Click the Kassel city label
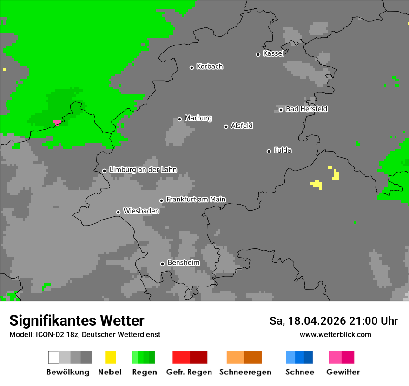click(273, 53)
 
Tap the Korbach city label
click(210, 67)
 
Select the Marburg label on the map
click(198, 118)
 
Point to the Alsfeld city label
click(242, 126)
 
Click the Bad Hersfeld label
click(306, 109)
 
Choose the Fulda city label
click(283, 150)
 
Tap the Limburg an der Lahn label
click(143, 170)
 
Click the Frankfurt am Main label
click(196, 200)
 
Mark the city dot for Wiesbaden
click(119, 212)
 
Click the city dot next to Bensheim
click(162, 264)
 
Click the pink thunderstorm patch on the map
click(57, 122)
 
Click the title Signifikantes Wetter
click(77, 321)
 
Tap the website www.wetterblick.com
click(335, 334)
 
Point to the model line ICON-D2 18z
click(85, 334)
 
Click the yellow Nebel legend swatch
click(110, 357)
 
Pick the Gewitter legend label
click(343, 372)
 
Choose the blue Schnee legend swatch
click(299, 357)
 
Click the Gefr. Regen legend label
click(189, 372)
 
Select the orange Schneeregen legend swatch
click(244, 357)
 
